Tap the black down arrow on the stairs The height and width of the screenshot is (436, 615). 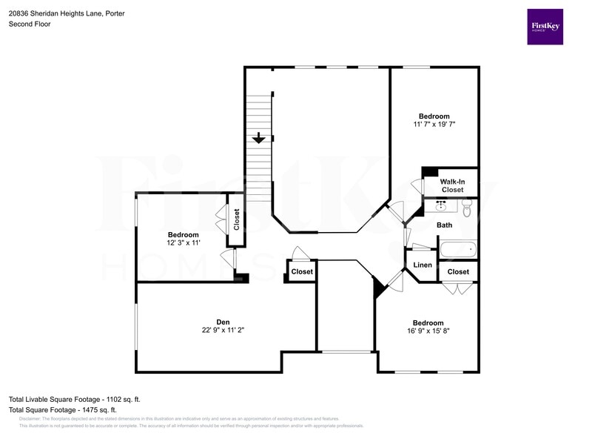coord(258,138)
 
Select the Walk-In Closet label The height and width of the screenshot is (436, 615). coord(452,185)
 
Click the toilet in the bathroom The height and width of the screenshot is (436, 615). coord(466,211)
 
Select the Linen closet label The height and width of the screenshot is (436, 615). coord(423,265)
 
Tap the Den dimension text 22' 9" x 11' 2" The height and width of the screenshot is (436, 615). coord(223,331)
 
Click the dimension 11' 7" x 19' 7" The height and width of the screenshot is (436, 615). coord(434,125)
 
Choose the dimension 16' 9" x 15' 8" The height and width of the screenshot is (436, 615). coord(428,332)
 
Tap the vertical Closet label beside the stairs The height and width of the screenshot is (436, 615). coord(237,219)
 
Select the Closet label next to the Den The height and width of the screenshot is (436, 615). coord(302,272)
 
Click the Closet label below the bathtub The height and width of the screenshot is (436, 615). coord(458,272)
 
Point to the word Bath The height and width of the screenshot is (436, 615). coord(445,225)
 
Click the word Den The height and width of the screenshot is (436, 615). coord(223,322)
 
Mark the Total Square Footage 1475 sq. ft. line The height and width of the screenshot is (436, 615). coord(62,409)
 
